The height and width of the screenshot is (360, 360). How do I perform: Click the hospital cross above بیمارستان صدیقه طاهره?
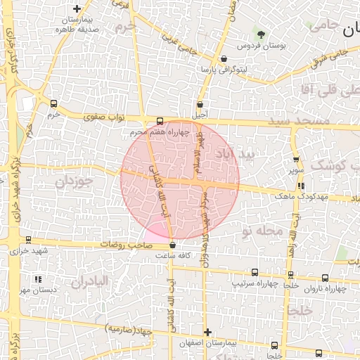[76, 8]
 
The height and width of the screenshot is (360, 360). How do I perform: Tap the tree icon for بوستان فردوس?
[262, 34]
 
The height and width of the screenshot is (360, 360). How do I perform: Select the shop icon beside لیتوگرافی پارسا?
[224, 59]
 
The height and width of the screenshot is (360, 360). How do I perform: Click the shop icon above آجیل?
[200, 104]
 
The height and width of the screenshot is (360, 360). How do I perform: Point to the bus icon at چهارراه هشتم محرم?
[160, 120]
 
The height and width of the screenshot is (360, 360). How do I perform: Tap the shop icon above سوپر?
[296, 160]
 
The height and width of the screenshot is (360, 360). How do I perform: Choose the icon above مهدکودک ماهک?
[301, 186]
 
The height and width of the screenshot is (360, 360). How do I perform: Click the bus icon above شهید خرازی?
[28, 240]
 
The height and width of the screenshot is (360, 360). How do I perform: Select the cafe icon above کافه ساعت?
[173, 245]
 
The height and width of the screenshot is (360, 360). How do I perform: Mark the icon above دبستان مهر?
[37, 279]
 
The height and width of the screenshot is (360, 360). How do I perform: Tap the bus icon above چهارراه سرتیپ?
[255, 272]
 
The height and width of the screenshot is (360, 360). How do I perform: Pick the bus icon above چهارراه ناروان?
[325, 278]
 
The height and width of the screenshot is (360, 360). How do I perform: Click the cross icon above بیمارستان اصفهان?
[207, 332]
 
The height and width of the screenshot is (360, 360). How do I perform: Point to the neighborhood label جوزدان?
[74, 181]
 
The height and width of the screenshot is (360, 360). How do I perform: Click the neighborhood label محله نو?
[260, 230]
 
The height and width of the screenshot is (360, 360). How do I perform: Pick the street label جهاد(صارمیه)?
[129, 328]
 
